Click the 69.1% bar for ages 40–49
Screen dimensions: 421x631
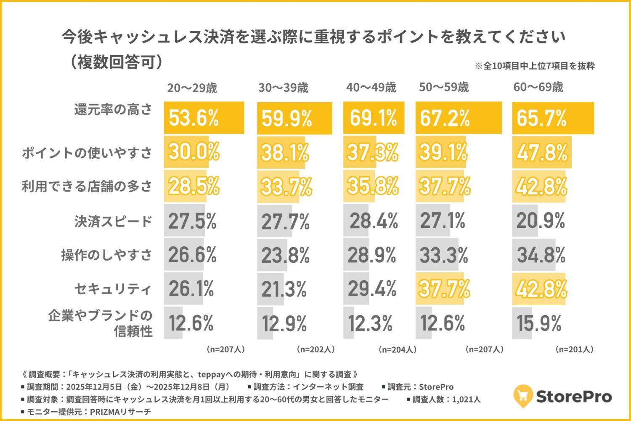tap(374, 118)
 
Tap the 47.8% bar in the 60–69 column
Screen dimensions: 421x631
tap(542, 152)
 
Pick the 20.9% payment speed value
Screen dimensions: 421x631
tap(541, 221)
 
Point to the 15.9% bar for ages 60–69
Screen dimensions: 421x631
tap(522, 323)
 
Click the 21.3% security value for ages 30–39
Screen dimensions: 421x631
tap(284, 289)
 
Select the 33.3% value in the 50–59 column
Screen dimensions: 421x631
tap(443, 255)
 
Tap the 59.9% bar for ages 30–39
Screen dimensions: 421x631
tap(294, 118)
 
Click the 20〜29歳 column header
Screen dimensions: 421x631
tap(192, 88)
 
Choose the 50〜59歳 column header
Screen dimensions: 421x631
tap(444, 87)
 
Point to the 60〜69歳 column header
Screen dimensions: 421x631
tap(538, 87)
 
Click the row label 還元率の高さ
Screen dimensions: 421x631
tap(113, 109)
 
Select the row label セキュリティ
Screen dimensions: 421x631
tap(113, 289)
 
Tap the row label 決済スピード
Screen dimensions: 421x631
tap(113, 221)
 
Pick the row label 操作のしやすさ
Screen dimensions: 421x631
tap(106, 255)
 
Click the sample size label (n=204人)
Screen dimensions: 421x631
tap(398, 349)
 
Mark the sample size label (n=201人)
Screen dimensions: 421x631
tap(575, 349)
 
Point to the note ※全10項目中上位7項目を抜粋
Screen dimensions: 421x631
tap(535, 66)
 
